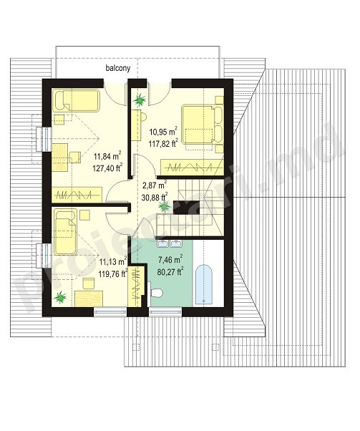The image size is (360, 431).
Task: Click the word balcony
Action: (x=118, y=68)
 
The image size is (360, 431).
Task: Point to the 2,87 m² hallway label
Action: (x=155, y=185)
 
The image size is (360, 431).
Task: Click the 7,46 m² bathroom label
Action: (x=170, y=259)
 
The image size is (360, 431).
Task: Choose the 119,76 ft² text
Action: (x=113, y=273)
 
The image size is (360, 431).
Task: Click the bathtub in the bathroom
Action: (x=204, y=284)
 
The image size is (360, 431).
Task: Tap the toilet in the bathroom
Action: (x=156, y=293)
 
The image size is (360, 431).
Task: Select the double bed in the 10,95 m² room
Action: (x=203, y=124)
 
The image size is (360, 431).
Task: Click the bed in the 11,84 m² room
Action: (x=76, y=100)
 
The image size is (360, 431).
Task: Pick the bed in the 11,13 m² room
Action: (x=65, y=232)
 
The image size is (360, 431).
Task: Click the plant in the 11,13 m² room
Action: (x=60, y=297)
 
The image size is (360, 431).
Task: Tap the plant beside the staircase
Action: (x=165, y=206)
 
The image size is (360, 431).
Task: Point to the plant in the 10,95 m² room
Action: (x=140, y=100)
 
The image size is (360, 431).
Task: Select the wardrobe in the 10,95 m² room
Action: (x=192, y=167)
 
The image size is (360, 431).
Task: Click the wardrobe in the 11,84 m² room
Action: (x=77, y=195)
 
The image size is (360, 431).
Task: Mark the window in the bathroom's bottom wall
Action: (x=165, y=312)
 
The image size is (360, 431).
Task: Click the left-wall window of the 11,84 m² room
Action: (x=44, y=140)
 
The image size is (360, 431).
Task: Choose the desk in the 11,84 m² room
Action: (x=60, y=158)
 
